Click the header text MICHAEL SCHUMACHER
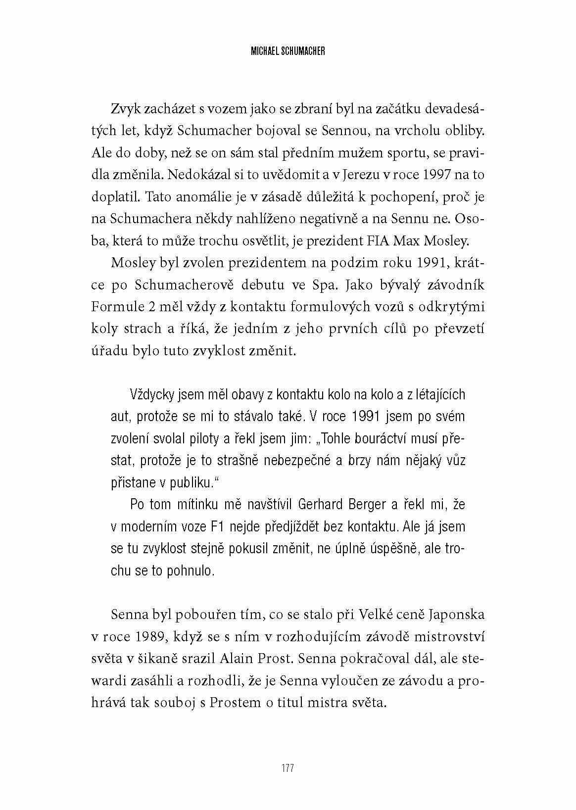point(288,51)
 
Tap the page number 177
point(288,768)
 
